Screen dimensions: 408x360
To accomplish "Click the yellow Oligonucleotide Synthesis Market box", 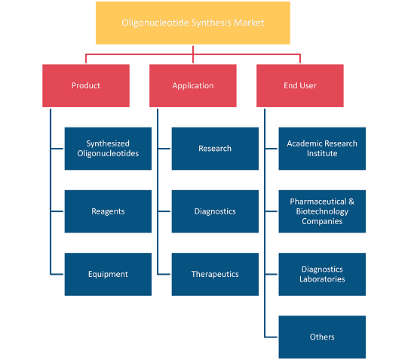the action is pos(193,23).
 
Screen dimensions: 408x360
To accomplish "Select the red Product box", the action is pos(86,85).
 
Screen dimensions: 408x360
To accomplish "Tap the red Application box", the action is pos(193,85).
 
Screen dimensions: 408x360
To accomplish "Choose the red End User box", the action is pos(300,85).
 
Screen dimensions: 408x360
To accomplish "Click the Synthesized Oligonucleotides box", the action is pos(108,149).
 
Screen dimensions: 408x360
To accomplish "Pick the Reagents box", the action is pos(108,211).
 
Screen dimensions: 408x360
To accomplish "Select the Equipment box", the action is pos(108,274).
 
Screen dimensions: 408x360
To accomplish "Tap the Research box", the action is pos(215,149).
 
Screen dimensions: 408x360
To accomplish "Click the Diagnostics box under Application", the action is pos(215,211).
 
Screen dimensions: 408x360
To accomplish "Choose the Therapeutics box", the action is pos(215,274).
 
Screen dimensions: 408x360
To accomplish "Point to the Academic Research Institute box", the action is pos(322,149).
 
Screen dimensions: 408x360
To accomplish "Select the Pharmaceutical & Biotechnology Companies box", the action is pos(322,211).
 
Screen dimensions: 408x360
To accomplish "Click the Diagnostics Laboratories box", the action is pos(322,274).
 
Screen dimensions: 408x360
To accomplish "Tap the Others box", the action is pos(322,337).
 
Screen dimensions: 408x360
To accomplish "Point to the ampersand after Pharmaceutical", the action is pos(351,202).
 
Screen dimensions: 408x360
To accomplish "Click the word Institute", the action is pos(322,153).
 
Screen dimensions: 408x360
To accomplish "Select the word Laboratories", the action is pos(322,279).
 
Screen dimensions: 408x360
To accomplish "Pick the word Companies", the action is pos(322,222).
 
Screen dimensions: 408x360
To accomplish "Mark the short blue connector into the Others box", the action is pos(271,337).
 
